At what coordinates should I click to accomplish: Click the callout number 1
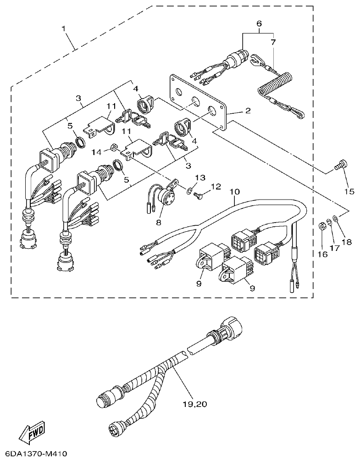click(x=64, y=28)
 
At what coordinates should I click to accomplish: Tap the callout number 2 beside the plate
click(x=247, y=111)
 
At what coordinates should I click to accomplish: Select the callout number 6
click(x=259, y=23)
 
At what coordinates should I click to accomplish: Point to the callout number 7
click(x=273, y=42)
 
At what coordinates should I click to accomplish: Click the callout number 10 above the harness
click(x=234, y=190)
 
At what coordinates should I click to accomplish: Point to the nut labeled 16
click(x=321, y=226)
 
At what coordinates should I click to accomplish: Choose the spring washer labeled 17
click(x=329, y=223)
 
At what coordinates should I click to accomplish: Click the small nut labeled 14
click(x=112, y=148)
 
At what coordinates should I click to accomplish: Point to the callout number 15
click(x=349, y=191)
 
